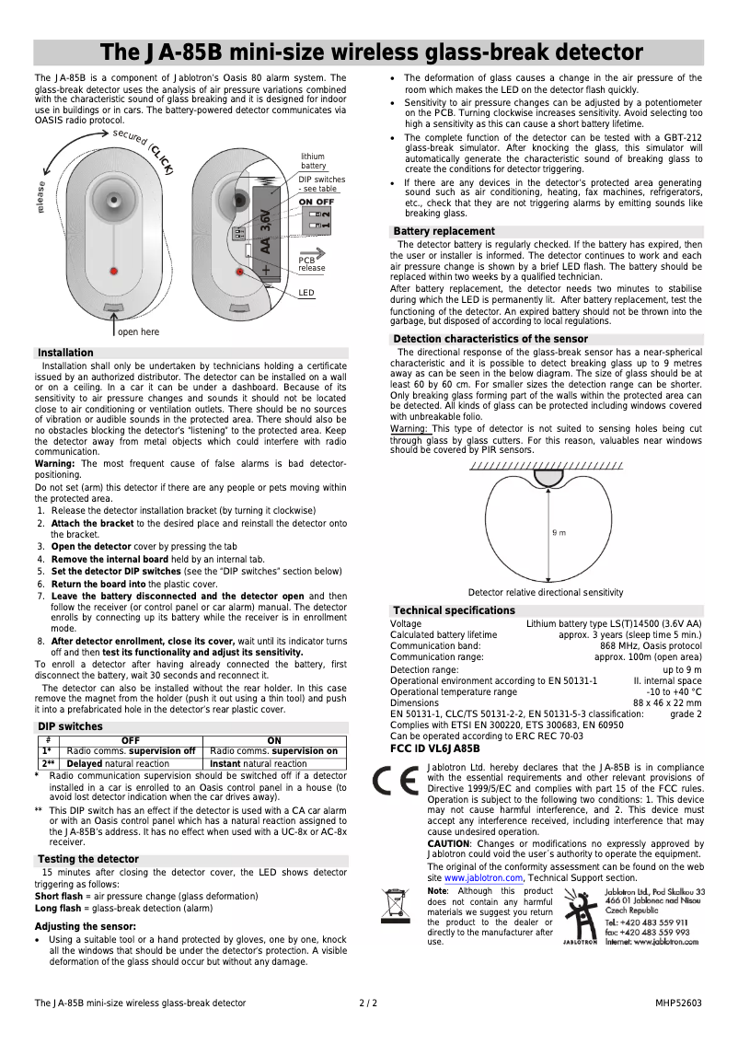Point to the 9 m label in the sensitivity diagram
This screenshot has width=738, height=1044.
coord(559,532)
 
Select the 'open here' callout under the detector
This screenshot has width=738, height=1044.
coord(138,331)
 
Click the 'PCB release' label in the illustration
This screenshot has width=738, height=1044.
coord(311,264)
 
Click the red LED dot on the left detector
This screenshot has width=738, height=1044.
coord(113,271)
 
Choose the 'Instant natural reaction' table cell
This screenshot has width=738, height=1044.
coord(259,763)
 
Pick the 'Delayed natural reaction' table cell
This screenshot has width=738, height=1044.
coord(118,763)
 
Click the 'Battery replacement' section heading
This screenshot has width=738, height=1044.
coord(444,231)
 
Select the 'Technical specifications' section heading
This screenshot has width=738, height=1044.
coord(454,610)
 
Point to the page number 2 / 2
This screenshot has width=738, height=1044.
coord(368,1002)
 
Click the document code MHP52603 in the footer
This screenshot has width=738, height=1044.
coord(678,1002)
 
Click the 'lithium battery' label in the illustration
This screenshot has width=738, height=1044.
coord(313,161)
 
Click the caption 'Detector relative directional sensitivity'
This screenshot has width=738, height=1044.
coord(545,592)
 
